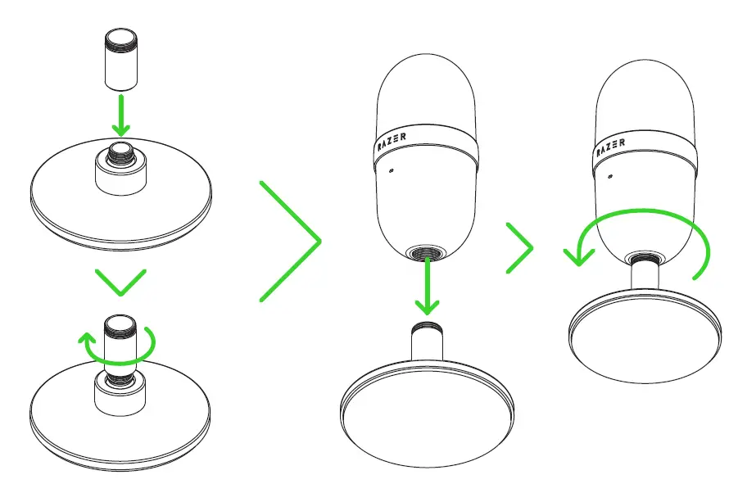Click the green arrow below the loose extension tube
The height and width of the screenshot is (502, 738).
point(121,115)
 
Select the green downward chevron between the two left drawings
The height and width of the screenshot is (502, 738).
point(120,283)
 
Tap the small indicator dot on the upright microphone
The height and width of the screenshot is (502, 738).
point(392,171)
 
